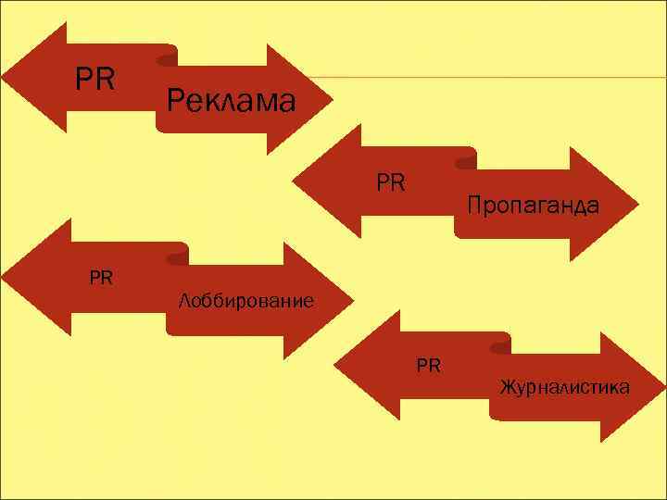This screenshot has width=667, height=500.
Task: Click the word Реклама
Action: pyautogui.click(x=232, y=100)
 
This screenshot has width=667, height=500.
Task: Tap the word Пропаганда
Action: pyautogui.click(x=533, y=204)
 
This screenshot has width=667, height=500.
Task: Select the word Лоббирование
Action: pyautogui.click(x=245, y=301)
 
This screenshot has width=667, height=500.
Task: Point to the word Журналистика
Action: pyautogui.click(x=565, y=386)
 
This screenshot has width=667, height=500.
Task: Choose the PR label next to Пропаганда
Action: pyautogui.click(x=391, y=181)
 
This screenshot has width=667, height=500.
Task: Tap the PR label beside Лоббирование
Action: pyautogui.click(x=101, y=276)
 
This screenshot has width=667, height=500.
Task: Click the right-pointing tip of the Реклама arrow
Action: pyautogui.click(x=329, y=99)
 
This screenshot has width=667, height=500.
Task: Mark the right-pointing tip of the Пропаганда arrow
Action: pyautogui.click(x=638, y=202)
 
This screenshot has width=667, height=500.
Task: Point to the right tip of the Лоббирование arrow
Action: pyautogui.click(x=351, y=300)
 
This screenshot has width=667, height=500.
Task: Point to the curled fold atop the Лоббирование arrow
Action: pyautogui.click(x=176, y=255)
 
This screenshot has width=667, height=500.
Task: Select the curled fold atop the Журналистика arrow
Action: pyautogui.click(x=498, y=344)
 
